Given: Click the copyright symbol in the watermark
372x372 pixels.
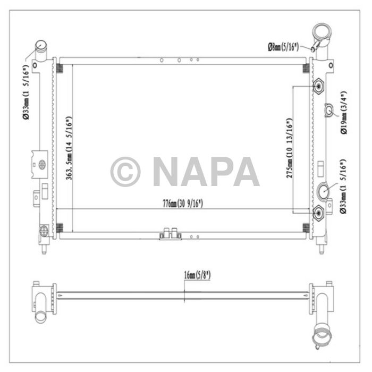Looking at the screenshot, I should tap(125, 172).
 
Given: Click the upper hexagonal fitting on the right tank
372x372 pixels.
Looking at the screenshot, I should tap(318, 86).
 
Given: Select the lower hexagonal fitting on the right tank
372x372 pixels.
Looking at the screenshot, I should tap(318, 213).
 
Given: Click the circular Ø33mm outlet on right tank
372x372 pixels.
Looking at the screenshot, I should tap(324, 190).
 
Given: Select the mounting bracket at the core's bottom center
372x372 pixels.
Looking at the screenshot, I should tap(170, 234).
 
